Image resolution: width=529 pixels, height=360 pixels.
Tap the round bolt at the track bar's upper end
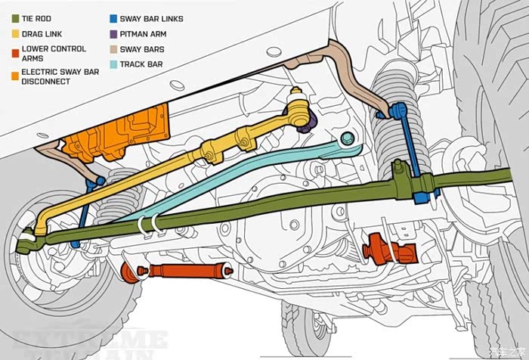click(347, 138)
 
